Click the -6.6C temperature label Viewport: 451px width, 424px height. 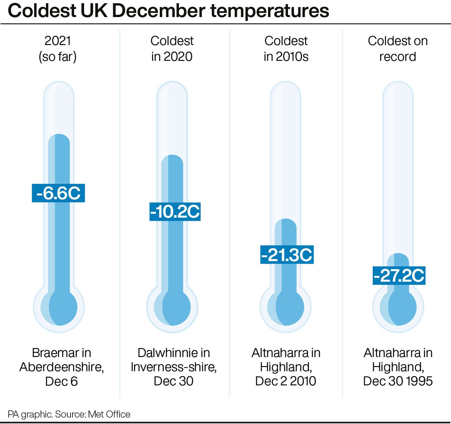tap(58, 193)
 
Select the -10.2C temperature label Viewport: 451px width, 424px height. tap(175, 212)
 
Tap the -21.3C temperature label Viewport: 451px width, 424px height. tap(287, 255)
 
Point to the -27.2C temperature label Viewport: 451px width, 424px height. tap(399, 276)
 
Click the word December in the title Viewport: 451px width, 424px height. tap(158, 11)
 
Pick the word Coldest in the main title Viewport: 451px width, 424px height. tap(42, 11)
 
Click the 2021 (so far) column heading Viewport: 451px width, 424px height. tap(58, 49)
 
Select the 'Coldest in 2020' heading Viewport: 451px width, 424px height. tap(172, 49)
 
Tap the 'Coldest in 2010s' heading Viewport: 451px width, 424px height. tap(286, 49)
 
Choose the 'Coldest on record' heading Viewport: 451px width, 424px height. tap(398, 49)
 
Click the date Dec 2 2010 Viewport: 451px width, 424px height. tap(285, 381)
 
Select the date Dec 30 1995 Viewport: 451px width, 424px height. tap(398, 381)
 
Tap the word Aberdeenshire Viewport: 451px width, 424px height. tap(61, 367)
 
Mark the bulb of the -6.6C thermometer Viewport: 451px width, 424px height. tap(59, 307)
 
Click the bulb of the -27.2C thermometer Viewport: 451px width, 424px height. tap(398, 307)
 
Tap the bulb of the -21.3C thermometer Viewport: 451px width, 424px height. tap(286, 307)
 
